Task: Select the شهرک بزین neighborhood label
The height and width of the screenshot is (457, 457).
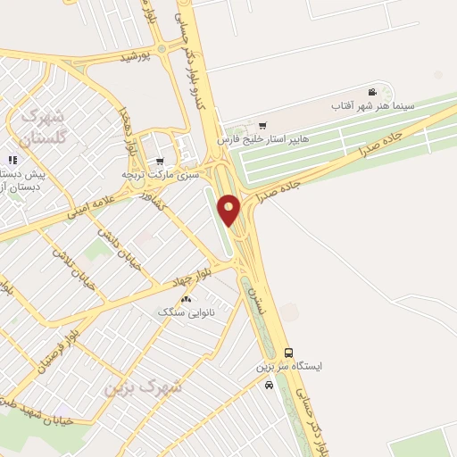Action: pyautogui.click(x=144, y=386)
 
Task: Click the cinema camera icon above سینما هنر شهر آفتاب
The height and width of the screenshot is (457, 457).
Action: pyautogui.click(x=372, y=93)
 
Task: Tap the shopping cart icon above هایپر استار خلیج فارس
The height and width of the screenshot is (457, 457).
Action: pyautogui.click(x=262, y=125)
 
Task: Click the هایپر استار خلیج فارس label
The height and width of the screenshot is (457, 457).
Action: pyautogui.click(x=268, y=139)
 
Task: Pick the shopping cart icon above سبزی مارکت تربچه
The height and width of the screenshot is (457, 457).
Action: pyautogui.click(x=160, y=162)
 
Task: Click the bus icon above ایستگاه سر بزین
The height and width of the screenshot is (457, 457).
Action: pyautogui.click(x=287, y=353)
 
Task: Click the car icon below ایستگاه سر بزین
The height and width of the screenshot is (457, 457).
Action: pyautogui.click(x=269, y=385)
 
